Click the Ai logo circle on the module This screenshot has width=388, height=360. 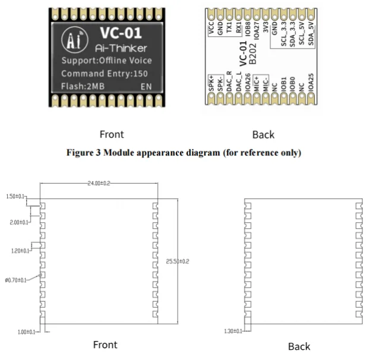[75, 40]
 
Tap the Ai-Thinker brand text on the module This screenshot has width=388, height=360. [121, 48]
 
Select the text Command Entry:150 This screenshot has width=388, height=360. [105, 74]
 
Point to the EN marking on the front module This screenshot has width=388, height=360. [145, 87]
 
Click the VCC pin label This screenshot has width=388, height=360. [212, 30]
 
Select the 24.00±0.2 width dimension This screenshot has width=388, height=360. [99, 184]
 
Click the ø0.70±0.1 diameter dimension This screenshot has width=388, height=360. [15, 280]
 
